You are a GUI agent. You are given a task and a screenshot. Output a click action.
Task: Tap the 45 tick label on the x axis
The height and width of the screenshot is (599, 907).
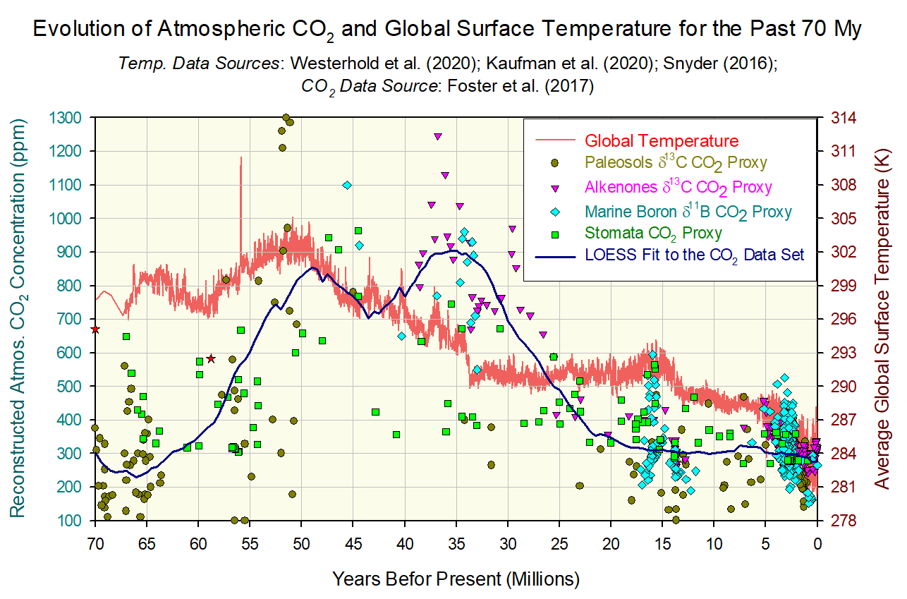coord(353,545)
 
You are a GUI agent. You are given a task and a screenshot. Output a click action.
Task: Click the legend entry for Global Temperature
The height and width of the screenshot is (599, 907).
coord(662,140)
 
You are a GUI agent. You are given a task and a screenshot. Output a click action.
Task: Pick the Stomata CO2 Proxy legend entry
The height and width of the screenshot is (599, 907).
coord(653,233)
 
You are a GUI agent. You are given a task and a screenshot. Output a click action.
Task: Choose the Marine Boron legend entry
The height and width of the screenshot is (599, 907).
coord(688,210)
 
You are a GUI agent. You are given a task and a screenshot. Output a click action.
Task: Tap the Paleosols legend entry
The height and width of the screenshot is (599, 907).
coord(676,164)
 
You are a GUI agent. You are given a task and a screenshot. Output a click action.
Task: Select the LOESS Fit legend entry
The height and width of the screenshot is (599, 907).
coord(694,255)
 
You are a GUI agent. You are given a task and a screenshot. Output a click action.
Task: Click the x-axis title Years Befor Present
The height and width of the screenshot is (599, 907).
coord(456,579)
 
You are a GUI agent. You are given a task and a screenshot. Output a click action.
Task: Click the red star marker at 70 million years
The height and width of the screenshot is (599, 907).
coord(95,329)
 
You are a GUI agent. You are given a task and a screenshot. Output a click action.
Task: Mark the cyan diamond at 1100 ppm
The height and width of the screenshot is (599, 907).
coord(347,185)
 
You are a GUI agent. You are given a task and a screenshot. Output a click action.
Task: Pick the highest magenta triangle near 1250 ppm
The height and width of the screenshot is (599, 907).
coord(437,136)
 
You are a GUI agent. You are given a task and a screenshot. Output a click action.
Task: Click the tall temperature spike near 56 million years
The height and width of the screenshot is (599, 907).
coord(241,169)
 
